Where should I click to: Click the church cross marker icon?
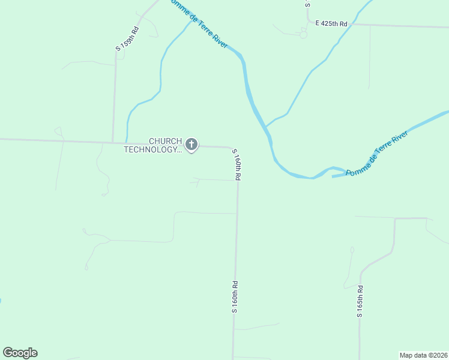pyautogui.click(x=191, y=144)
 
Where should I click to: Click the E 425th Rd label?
pyautogui.click(x=331, y=23)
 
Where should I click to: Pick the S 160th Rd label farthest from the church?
pyautogui.click(x=235, y=296)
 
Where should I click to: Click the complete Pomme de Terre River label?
pyautogui.click(x=378, y=154)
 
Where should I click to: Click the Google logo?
pyautogui.click(x=20, y=353)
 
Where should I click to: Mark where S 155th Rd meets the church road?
pyautogui.click(x=113, y=143)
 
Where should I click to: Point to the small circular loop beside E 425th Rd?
pyautogui.click(x=303, y=35)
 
